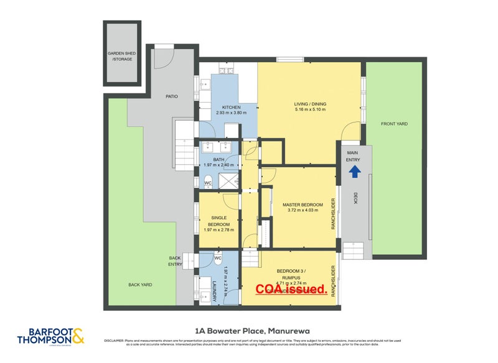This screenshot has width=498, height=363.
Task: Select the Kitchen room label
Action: pyautogui.click(x=228, y=107)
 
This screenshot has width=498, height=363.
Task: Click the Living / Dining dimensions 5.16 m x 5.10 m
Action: pyautogui.click(x=310, y=110)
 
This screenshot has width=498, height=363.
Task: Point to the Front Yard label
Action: pyautogui.click(x=394, y=124)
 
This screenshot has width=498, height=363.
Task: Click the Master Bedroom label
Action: pyautogui.click(x=303, y=204)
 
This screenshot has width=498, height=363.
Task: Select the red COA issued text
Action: pyautogui.click(x=292, y=289)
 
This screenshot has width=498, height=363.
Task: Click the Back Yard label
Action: pyautogui.click(x=140, y=285)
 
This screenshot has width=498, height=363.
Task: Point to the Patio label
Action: pyautogui.click(x=171, y=96)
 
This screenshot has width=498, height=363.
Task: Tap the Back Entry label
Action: pyautogui.click(x=175, y=261)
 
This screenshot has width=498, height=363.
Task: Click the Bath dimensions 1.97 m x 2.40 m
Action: pyautogui.click(x=218, y=165)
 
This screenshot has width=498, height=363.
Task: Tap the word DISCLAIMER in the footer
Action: pyautogui.click(x=115, y=341)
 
